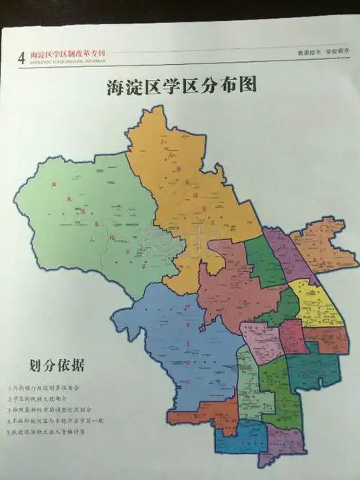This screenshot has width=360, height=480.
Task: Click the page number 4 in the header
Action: tap(21, 56)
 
